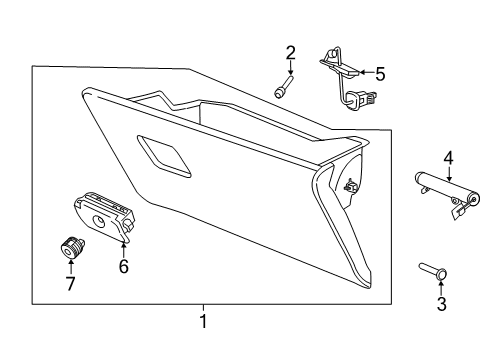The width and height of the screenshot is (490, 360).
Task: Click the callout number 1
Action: click(x=203, y=322)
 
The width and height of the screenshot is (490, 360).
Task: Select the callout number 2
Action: click(x=291, y=53)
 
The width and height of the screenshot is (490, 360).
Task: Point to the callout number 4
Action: click(x=449, y=157)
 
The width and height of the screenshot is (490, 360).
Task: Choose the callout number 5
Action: click(x=379, y=72)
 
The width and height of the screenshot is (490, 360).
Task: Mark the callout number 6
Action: click(x=125, y=266)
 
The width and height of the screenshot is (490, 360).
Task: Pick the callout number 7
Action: click(x=69, y=283)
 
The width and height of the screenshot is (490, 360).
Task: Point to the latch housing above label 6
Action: click(x=104, y=214)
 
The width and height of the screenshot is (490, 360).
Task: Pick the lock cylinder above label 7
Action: click(x=70, y=245)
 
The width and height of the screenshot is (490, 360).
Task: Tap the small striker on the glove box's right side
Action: click(x=349, y=185)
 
